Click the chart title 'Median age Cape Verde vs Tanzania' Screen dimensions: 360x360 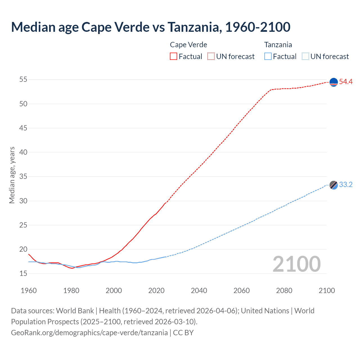coord(150,27)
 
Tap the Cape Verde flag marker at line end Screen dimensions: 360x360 coord(334,82)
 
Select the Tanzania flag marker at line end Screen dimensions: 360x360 coord(334,185)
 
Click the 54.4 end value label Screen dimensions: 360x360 coord(346,82)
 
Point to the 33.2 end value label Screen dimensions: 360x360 coord(346,185)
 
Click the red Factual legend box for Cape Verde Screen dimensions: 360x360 coord(174,56)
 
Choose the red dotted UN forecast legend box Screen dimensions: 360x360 coord(211,56)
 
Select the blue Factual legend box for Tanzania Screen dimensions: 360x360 coord(268,56)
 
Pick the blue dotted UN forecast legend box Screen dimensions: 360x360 coord(305,56)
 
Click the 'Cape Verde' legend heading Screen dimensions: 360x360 coord(188,45)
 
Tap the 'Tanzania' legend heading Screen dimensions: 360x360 coord(278,45)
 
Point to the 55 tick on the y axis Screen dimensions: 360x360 coord(23,80)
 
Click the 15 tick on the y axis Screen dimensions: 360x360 coord(23,273)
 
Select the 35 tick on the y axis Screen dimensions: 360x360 coord(23,177)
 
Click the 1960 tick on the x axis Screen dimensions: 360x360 coord(29,291)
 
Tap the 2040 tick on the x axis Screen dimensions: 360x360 coord(199,291)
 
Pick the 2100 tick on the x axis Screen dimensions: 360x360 coord(327,291)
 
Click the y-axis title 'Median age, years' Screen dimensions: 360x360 coord(12,175)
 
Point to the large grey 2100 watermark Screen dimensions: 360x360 coord(296,264)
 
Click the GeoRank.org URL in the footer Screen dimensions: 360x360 coord(89,333)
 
